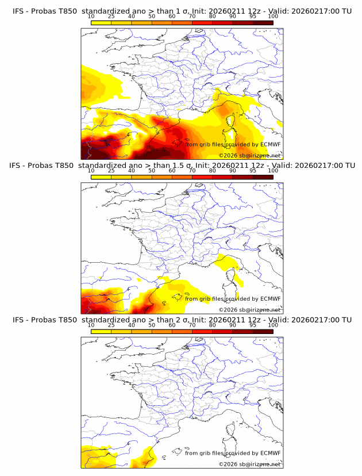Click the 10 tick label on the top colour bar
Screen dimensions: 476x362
(91, 17)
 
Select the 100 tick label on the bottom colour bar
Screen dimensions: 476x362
(273, 325)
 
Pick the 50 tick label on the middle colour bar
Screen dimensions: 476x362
(151, 171)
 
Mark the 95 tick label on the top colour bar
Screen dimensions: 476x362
(253, 17)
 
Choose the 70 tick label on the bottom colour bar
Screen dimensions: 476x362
(192, 325)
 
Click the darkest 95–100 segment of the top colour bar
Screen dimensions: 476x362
(263, 22)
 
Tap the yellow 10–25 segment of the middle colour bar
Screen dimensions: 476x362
(101, 176)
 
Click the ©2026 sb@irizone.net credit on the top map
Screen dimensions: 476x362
(249, 155)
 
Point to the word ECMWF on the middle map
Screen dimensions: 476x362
(270, 298)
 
